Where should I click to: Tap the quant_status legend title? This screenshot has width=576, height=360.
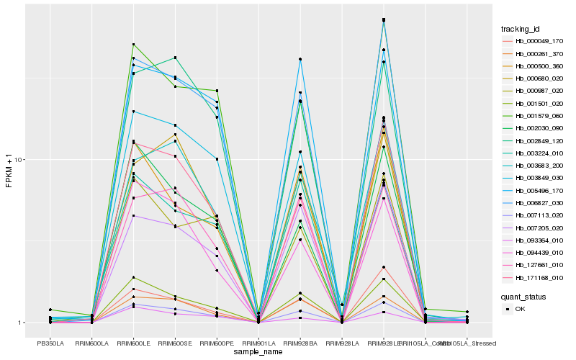click(525, 296)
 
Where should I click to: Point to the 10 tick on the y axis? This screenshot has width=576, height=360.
click(19, 160)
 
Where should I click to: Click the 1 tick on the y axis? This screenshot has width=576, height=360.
click(22, 323)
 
